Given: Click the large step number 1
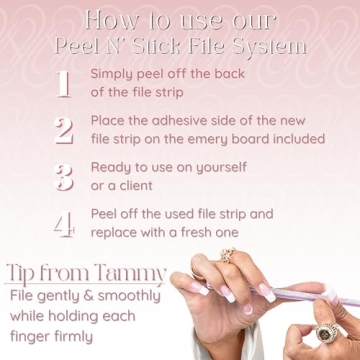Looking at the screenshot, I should click(x=63, y=84).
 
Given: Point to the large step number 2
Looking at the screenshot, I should click(x=63, y=130).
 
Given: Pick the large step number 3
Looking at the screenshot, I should click(x=63, y=176).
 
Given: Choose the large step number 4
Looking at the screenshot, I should click(x=63, y=222).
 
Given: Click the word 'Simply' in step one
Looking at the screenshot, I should click(x=115, y=74).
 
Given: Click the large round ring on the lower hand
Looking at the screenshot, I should click(x=329, y=332).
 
